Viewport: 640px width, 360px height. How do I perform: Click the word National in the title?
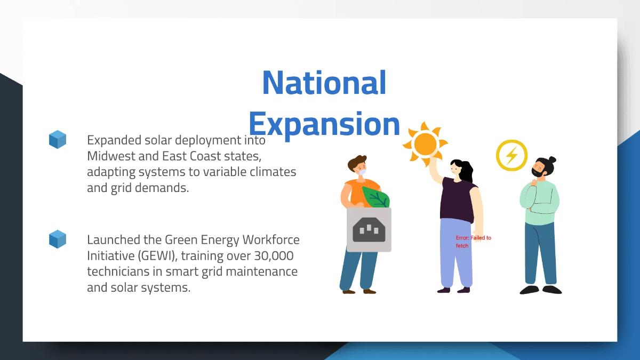(324, 83)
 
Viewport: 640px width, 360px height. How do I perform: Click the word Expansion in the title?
(324, 124)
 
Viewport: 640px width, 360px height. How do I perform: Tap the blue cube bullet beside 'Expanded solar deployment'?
(58, 139)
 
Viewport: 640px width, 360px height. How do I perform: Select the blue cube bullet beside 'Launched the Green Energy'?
(58, 239)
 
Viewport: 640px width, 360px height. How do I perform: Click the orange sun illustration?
(425, 143)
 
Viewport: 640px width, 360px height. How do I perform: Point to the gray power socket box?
(369, 230)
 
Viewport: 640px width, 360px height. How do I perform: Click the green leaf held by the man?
(376, 197)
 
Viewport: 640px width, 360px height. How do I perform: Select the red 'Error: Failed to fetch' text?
(473, 242)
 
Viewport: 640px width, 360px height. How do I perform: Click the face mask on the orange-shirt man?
(362, 172)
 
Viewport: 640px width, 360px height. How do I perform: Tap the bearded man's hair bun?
(552, 159)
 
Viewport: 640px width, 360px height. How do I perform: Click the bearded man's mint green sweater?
(539, 203)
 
